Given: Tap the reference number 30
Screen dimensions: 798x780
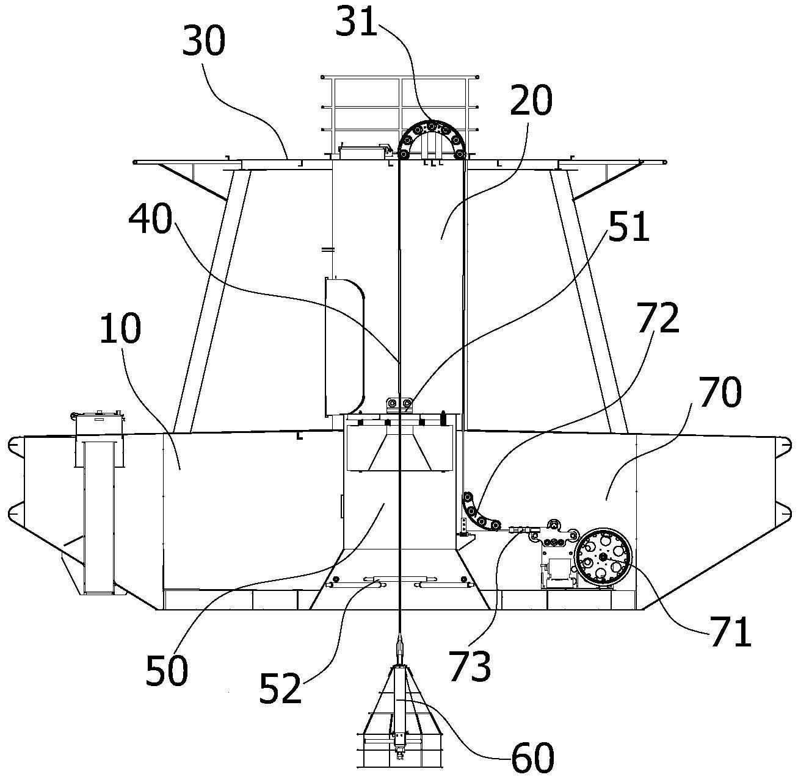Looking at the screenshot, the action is tap(204, 41).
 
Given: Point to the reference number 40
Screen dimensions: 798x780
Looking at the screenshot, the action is tap(151, 218).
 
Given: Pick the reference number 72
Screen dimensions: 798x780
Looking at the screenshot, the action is tap(658, 317).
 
